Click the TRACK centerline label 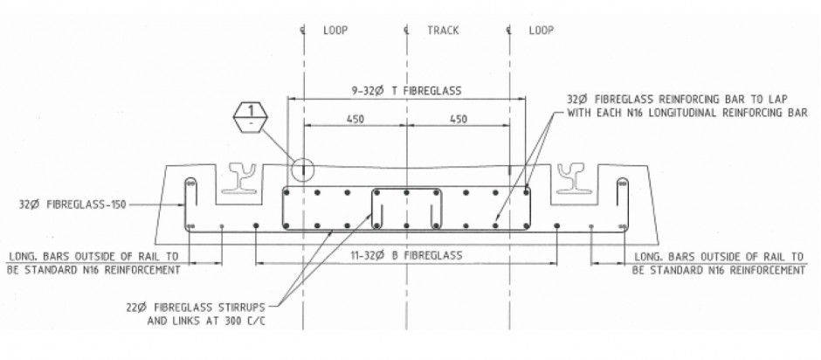[x=443, y=30]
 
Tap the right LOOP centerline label [x=542, y=30]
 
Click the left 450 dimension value [x=355, y=120]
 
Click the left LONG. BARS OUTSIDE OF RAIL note [x=93, y=263]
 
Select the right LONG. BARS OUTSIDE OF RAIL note [x=717, y=263]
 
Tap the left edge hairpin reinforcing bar [x=190, y=204]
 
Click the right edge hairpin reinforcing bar [x=623, y=204]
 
